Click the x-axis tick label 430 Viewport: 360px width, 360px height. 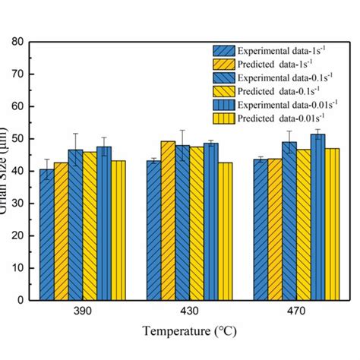tap(189, 312)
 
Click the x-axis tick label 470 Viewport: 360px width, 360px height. tap(295, 312)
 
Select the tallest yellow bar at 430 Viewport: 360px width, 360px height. tap(168, 220)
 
